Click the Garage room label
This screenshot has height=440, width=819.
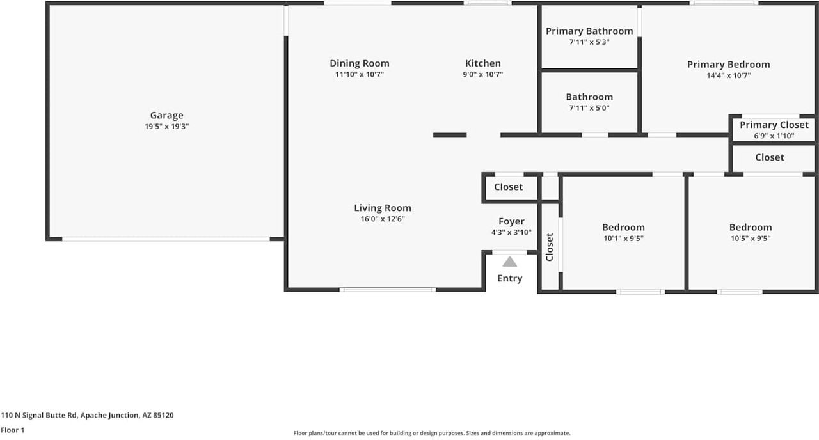tap(167, 116)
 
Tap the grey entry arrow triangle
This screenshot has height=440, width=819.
tap(510, 262)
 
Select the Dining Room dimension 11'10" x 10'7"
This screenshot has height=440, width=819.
tap(360, 75)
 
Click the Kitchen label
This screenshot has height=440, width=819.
tap(483, 63)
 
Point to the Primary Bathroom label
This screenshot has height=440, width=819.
tap(589, 31)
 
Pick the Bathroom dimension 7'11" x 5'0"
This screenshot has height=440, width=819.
tap(589, 108)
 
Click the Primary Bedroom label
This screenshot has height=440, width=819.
tap(729, 65)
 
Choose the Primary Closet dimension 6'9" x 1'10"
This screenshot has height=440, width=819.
tap(774, 136)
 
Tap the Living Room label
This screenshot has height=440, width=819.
tap(383, 208)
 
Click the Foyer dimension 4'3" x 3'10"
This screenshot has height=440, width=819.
tap(511, 232)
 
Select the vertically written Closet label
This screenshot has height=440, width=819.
tap(550, 247)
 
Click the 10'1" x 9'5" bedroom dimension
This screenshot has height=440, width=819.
tap(623, 239)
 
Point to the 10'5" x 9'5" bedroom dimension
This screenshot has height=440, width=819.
tap(751, 239)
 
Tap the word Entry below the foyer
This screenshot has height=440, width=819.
tap(510, 278)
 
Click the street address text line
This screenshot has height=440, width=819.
tap(87, 416)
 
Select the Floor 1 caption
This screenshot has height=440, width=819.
tap(12, 430)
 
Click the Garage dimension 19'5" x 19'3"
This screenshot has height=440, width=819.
tap(167, 127)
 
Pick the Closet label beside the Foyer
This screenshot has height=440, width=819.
tap(508, 187)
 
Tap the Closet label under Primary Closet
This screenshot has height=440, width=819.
tap(770, 157)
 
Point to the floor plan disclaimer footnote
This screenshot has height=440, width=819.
tap(432, 434)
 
